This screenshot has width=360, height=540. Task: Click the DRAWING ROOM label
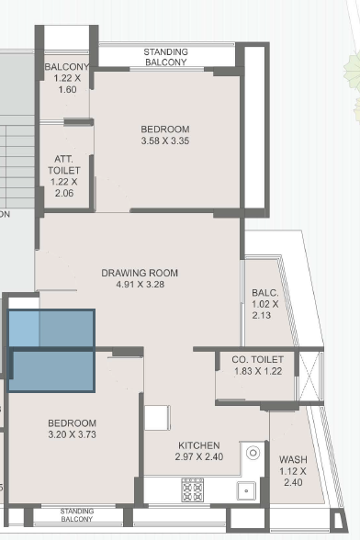(x=140, y=273)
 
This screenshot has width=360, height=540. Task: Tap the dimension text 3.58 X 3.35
(x=165, y=141)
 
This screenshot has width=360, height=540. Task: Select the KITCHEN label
(x=198, y=445)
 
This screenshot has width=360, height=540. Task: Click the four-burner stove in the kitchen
(x=193, y=489)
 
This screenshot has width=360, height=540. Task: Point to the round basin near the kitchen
(x=253, y=452)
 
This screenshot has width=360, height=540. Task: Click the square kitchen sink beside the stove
(x=246, y=490)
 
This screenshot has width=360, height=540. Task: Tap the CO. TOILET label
(x=258, y=360)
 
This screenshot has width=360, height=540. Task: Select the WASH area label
(x=293, y=459)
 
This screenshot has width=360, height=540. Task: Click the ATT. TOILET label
(x=64, y=164)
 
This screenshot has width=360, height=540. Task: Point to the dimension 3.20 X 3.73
(x=72, y=434)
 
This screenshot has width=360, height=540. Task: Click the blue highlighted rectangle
(x=51, y=351)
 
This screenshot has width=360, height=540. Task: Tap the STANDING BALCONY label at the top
(x=165, y=57)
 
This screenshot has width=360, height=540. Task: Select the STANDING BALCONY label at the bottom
(x=76, y=515)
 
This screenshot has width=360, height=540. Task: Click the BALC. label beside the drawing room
(x=264, y=293)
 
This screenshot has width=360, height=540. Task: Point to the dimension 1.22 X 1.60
(x=67, y=84)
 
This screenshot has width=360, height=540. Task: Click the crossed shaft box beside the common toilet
(x=309, y=377)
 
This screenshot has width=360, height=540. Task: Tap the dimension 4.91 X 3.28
(x=141, y=284)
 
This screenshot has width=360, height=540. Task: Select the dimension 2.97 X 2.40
(x=198, y=456)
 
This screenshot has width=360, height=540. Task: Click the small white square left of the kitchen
(x=157, y=418)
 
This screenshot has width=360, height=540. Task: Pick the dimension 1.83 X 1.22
(x=258, y=371)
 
